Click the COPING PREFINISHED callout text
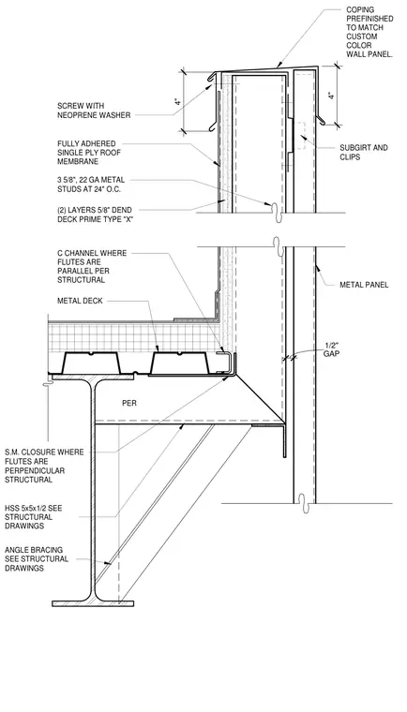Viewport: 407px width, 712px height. (369, 32)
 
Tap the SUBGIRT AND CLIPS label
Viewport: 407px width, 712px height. (364, 152)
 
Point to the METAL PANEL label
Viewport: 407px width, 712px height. (364, 285)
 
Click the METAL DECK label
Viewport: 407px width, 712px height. (80, 301)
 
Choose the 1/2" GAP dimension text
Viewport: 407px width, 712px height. (332, 349)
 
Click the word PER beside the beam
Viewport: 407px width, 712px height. (129, 403)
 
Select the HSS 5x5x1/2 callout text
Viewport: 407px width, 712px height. (33, 517)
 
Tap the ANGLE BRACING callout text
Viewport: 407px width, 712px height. (37, 559)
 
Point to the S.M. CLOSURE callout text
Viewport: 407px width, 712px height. (44, 466)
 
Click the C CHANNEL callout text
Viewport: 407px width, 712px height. (92, 267)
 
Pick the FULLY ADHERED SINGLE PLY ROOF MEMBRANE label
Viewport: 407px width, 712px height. (89, 153)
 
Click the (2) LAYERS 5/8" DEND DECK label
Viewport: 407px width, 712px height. (98, 214)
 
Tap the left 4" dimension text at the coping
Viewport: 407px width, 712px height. (177, 102)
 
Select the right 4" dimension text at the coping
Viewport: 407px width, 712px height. (332, 96)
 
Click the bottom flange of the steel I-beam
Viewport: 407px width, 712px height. (93, 603)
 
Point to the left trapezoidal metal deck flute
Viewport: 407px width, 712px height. (91, 363)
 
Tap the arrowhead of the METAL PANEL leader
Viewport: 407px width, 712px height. (317, 267)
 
